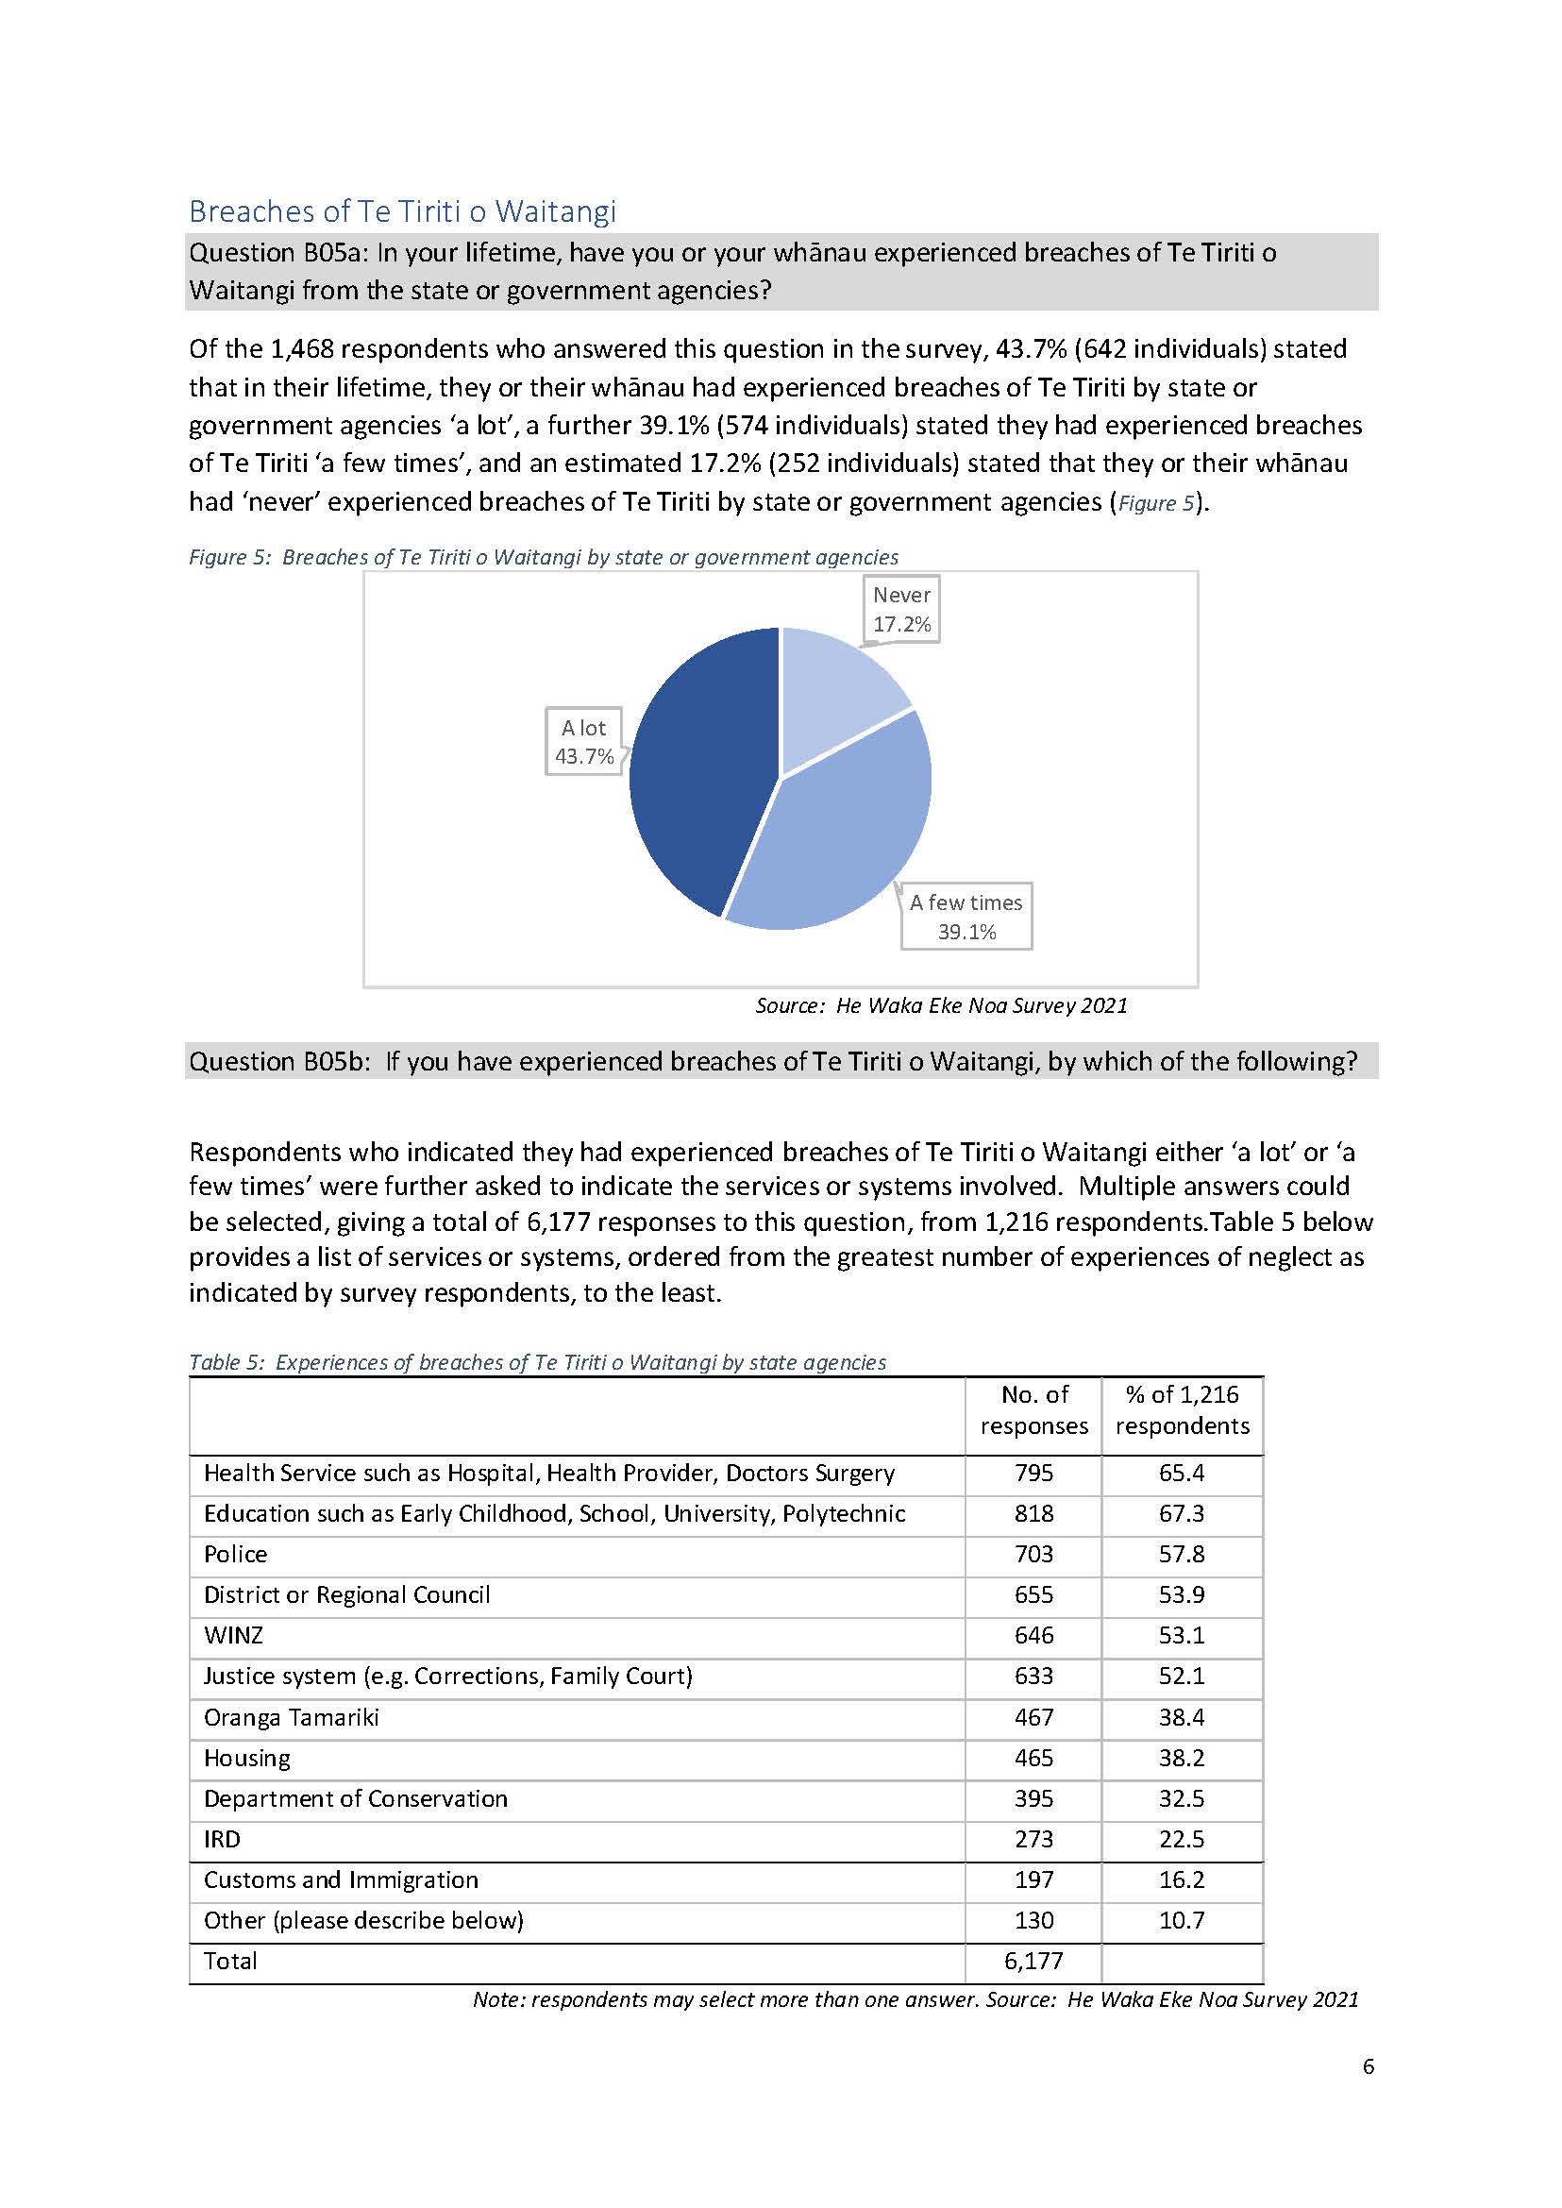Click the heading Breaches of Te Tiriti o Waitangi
(402, 211)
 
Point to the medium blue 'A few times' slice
(837, 837)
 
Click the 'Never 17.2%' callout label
(901, 609)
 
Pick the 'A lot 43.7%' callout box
(583, 742)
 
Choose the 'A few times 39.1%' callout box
(966, 916)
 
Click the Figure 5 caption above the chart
(544, 557)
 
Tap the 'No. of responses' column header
(1034, 1410)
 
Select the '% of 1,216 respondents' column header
(1182, 1410)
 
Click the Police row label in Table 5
(236, 1555)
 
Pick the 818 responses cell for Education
(1034, 1514)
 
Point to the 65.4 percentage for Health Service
(1182, 1473)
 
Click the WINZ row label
(234, 1636)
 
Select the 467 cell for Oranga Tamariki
(1034, 1717)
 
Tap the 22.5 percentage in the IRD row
(1182, 1840)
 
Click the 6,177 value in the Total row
(1034, 1961)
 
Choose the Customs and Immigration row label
(341, 1879)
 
